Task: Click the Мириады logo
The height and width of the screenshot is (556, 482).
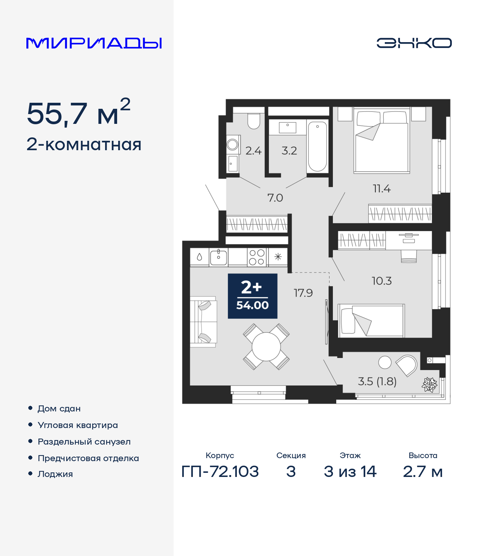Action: [x=94, y=43]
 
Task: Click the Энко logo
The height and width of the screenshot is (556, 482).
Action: [x=414, y=43]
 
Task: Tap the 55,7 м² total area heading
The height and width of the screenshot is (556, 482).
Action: [x=78, y=113]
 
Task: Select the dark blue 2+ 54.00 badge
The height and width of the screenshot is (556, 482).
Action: [x=253, y=296]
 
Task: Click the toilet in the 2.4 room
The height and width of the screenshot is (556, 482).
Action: [x=254, y=121]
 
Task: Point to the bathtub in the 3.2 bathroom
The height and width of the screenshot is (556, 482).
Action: [x=317, y=146]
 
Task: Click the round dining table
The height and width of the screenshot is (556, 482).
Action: [x=266, y=347]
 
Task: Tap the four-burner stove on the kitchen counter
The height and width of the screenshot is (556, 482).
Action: [x=257, y=257]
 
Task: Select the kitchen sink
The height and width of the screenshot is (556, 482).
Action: [x=218, y=257]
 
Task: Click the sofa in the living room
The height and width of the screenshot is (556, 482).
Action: [x=203, y=322]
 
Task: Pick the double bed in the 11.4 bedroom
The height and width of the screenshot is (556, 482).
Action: [x=381, y=141]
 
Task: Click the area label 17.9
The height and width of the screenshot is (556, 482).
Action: [x=303, y=293]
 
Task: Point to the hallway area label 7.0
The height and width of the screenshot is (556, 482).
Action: [x=275, y=198]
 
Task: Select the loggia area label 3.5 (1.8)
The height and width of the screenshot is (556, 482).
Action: [x=377, y=381]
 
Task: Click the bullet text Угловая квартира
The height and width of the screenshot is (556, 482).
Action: [x=78, y=425]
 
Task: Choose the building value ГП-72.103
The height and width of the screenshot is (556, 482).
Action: [x=220, y=471]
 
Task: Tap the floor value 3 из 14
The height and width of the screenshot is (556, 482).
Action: [x=350, y=471]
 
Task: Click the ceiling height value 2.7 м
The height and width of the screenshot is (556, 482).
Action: [x=423, y=471]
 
